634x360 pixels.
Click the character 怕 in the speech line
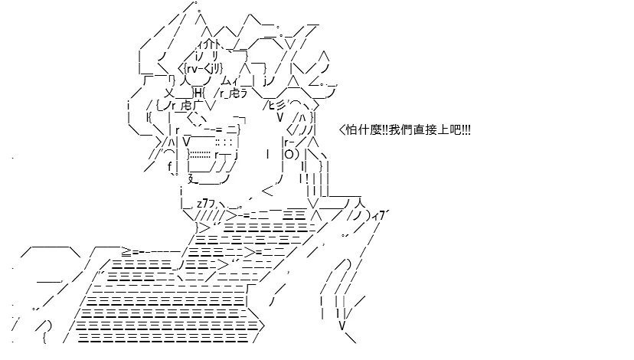(351, 130)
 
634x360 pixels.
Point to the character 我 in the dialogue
(394, 130)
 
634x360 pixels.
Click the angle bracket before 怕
(342, 130)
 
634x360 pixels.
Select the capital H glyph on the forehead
(198, 93)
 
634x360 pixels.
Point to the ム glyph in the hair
(227, 80)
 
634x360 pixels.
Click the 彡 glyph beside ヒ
(281, 105)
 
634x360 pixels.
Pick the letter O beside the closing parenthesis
(289, 155)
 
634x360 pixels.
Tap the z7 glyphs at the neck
(203, 204)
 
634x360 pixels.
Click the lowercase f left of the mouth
(170, 167)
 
